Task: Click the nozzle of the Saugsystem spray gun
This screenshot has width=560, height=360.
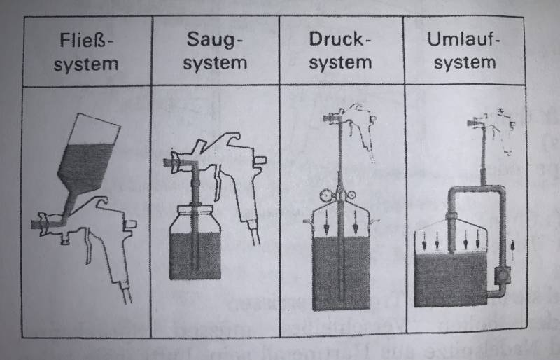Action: [169, 162]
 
